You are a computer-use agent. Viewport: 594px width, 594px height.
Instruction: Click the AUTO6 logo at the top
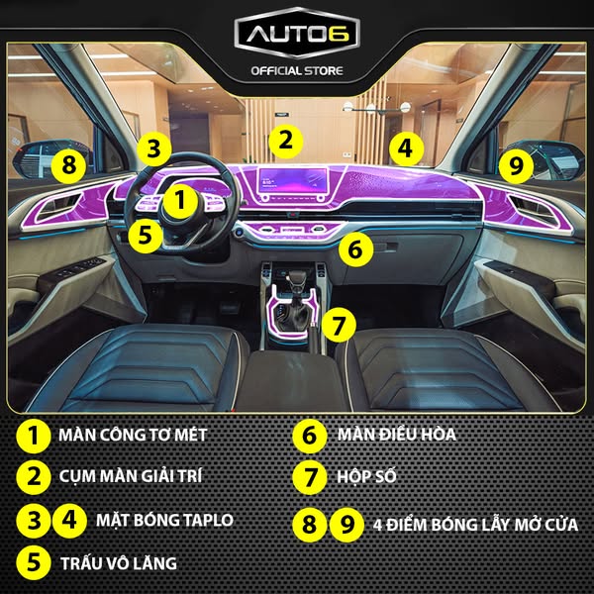297,34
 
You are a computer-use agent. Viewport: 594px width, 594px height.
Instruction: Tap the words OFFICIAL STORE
297,71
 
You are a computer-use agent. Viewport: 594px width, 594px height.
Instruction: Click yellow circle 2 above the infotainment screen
286,142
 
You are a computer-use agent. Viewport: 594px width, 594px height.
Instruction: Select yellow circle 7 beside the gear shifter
339,325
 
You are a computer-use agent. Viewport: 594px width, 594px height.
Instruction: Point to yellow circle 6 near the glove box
355,249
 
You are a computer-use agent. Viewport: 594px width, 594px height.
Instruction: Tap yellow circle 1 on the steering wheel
180,200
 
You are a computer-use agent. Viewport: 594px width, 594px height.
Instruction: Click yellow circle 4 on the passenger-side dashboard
406,148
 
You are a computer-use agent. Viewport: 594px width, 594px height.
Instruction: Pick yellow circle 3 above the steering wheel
154,149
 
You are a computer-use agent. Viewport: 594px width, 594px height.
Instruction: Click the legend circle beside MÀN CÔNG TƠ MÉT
34,436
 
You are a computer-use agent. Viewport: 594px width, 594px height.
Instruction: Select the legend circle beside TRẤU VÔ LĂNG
34,562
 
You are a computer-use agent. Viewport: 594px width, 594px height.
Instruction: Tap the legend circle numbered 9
346,525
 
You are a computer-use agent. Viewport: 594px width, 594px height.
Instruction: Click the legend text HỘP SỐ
366,476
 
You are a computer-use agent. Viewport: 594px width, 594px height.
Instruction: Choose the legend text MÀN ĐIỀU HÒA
397,435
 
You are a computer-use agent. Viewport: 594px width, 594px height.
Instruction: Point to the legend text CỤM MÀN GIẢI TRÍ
131,476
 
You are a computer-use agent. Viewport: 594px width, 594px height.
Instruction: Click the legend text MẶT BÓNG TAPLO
164,520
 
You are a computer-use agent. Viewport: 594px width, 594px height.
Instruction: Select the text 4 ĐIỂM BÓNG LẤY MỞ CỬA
476,525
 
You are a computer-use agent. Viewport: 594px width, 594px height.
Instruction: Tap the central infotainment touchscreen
293,181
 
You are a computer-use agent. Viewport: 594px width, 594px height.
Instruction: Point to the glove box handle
385,247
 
